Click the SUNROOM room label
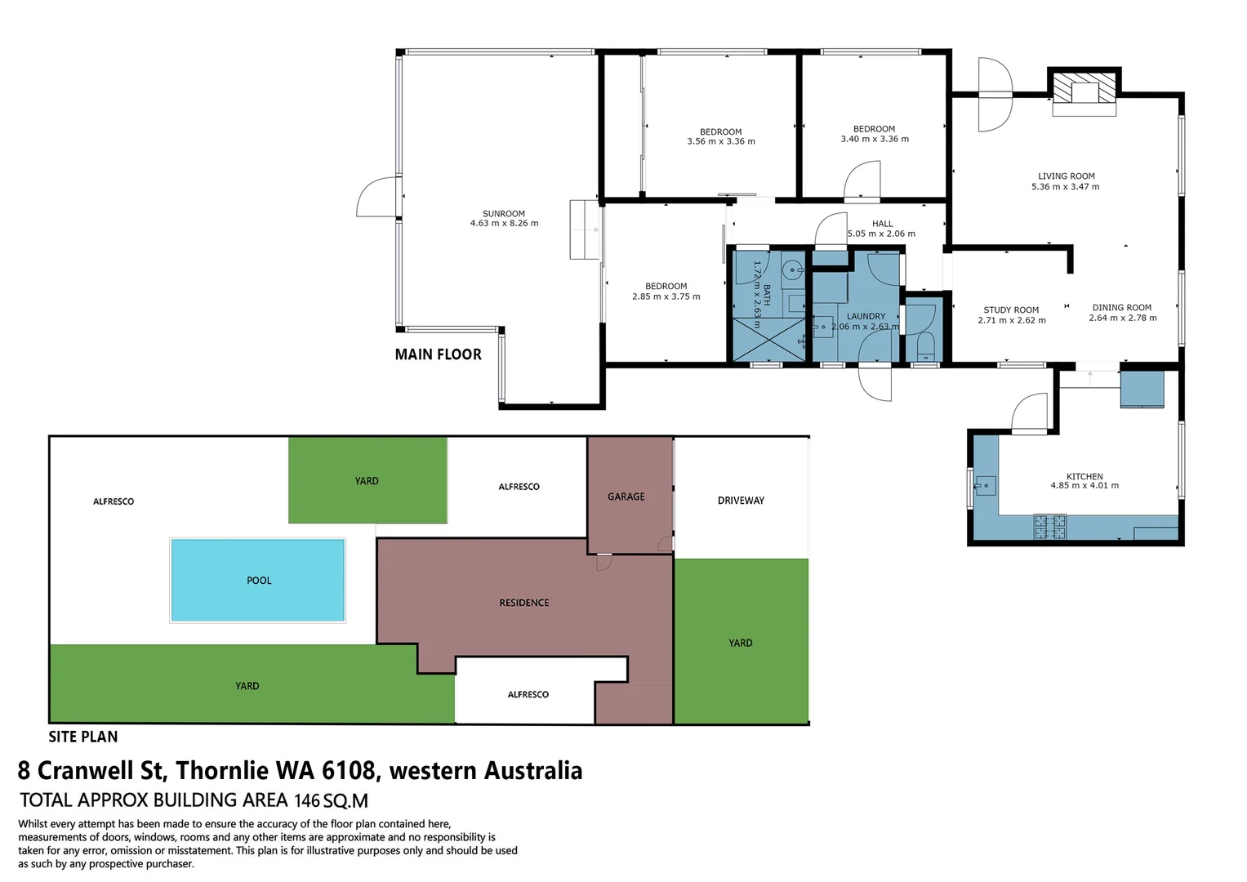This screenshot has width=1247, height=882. [x=503, y=214]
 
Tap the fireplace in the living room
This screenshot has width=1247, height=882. [x=1084, y=91]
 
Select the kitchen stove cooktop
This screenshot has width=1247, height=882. [x=1049, y=527]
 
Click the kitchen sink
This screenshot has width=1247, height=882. [x=985, y=486]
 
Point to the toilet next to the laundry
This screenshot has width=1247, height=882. [x=925, y=345]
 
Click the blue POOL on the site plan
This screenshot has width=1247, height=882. [x=258, y=581]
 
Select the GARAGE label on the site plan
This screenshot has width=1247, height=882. [x=626, y=497]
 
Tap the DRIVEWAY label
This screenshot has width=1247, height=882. [x=741, y=501]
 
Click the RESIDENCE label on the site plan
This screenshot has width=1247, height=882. [x=523, y=603]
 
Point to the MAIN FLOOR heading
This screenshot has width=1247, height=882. [x=438, y=354]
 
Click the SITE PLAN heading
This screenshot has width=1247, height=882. [x=82, y=737]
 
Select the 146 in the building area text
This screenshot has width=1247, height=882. [x=307, y=801]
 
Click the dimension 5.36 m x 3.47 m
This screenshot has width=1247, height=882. [x=1065, y=187]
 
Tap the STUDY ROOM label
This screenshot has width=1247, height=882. [x=1011, y=310]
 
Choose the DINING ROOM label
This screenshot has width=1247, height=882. [x=1121, y=308]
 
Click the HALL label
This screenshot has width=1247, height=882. [x=882, y=224]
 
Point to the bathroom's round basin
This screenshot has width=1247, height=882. [x=791, y=269]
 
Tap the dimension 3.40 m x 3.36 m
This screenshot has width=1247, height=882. [x=875, y=140]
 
